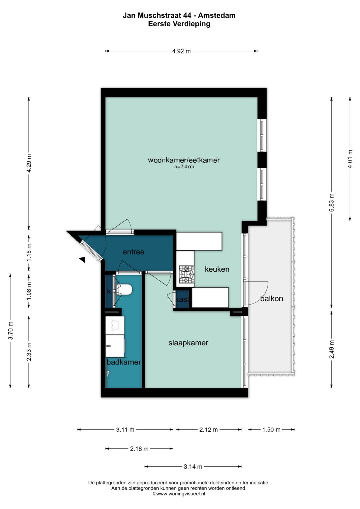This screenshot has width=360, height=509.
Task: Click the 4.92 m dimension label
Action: [181, 51]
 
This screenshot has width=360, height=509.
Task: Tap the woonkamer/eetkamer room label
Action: [184, 160]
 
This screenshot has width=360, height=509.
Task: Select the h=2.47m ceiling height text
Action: [184, 167]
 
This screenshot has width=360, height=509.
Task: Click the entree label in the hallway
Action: [133, 252]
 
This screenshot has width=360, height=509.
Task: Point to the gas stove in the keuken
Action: [186, 274]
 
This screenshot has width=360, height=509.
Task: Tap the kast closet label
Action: [182, 299]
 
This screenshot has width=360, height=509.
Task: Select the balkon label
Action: [272, 298]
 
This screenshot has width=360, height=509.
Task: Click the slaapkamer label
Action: [188, 343]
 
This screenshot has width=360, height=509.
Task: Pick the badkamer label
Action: [124, 362]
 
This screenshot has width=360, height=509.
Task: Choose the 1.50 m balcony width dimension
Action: [271, 429]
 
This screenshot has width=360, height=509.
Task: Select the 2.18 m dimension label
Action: [139, 449]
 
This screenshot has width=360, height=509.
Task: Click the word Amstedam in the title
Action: [217, 15]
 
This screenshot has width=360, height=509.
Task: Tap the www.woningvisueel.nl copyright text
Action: [179, 494]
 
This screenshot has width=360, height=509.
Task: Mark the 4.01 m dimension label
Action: [350, 159]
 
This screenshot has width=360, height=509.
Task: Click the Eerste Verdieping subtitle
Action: [179, 24]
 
